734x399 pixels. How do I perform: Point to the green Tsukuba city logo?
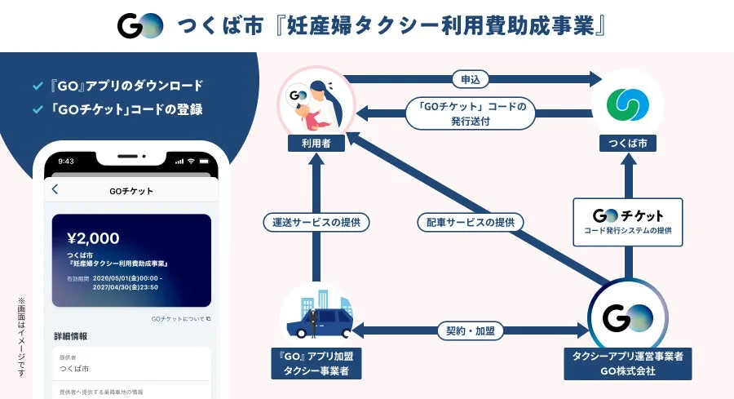pos(628,102)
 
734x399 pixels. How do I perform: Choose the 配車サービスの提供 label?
pos(470,221)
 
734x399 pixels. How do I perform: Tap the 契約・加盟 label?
pos(470,330)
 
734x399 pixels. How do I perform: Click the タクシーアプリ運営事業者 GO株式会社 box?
pos(628,362)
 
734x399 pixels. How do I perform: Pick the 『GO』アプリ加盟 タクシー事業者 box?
pos(316,362)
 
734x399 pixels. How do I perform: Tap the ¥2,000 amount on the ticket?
pos(94,238)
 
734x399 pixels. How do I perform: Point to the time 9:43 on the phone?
pos(66,161)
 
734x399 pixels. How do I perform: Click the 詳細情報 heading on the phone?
pos(71,336)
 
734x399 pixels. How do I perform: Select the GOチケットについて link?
pos(180,318)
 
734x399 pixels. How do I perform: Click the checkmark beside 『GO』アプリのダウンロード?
pos(37,85)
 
